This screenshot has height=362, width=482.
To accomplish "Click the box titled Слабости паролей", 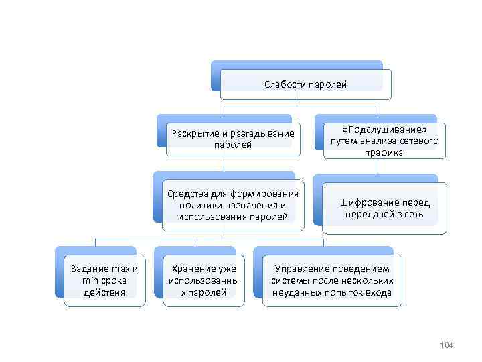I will click(x=305, y=84).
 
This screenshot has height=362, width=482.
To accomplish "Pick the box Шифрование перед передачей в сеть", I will click(x=384, y=208).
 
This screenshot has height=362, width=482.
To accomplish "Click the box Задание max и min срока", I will click(x=104, y=281).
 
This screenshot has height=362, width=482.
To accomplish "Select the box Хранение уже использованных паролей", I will click(x=204, y=281).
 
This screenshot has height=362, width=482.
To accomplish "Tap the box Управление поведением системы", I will click(x=332, y=281).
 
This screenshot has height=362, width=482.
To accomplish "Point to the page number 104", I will click(x=447, y=345).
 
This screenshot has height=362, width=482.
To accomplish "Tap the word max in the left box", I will click(x=120, y=269).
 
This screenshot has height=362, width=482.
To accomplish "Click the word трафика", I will click(x=384, y=152).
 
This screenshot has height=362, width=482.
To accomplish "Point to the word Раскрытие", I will click(x=194, y=133).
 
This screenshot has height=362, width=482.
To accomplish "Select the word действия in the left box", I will click(x=104, y=292).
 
